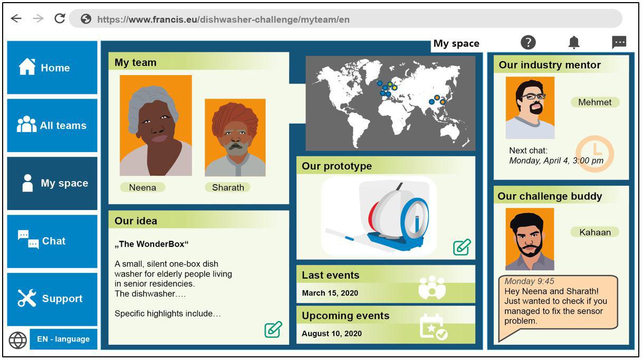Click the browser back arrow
pos(16,18)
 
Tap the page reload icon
pos(60,18)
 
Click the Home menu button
pos(52,68)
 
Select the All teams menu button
pos(52,125)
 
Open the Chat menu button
pos(52,241)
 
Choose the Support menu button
pos(52,299)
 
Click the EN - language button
pos(63,339)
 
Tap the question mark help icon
pos(528,43)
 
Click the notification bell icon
pos(574,43)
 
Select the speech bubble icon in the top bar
pos(619,43)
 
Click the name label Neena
pos(142,187)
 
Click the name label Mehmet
pos(595,102)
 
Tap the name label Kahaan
pos(595,232)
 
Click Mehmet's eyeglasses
pos(534,97)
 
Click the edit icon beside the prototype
pos(462,247)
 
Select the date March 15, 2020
pos(330,293)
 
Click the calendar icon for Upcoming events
pos(433,327)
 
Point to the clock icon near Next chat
pos(595,154)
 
